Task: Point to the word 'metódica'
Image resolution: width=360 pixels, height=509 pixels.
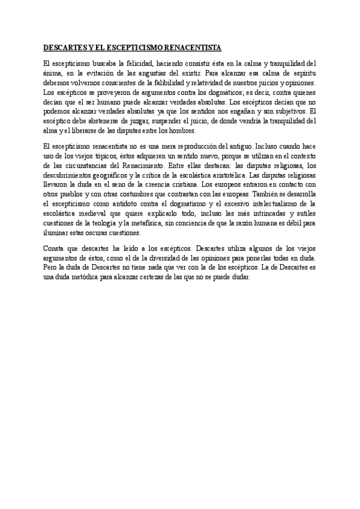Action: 92,278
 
